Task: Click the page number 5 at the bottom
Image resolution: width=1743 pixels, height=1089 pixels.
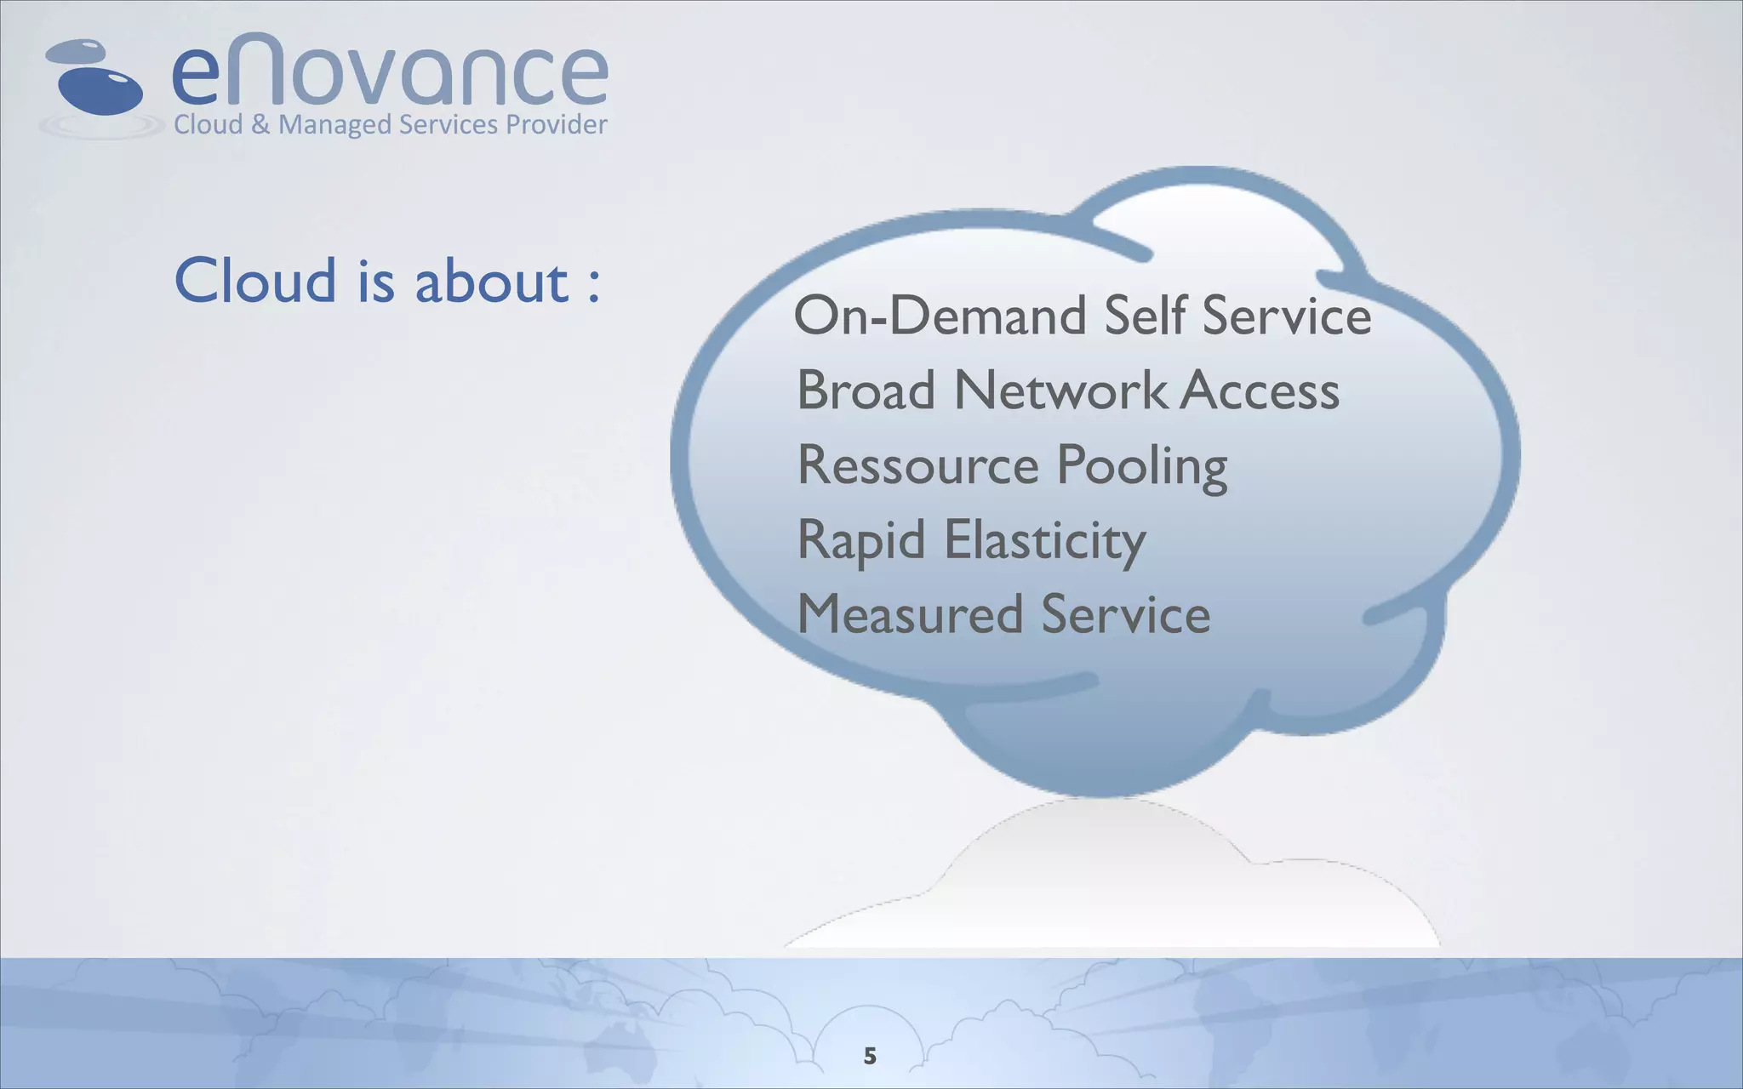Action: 869,1056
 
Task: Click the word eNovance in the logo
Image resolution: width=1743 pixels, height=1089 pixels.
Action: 390,73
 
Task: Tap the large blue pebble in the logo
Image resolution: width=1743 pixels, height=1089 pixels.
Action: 100,90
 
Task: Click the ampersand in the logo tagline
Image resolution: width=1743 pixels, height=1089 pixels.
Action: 260,125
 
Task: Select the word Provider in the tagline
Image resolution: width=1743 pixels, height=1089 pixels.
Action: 557,125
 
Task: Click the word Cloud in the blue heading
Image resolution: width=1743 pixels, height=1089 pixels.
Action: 254,281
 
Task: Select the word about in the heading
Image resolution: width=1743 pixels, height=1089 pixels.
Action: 491,281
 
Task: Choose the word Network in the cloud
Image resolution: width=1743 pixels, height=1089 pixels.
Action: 1060,391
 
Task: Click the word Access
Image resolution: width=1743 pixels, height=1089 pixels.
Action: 1260,391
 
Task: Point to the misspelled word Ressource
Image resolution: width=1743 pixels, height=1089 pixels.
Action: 917,465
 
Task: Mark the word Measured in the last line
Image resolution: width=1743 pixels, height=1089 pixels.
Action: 909,614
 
